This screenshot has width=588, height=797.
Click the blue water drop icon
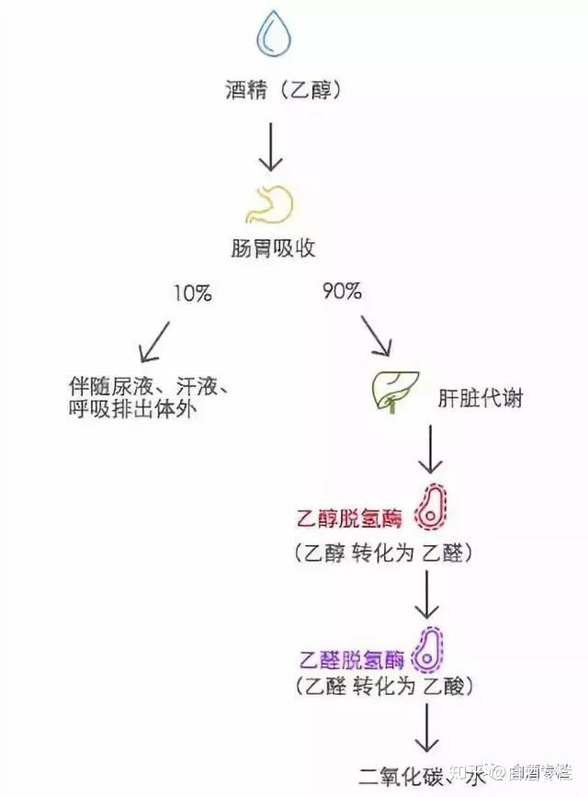pyautogui.click(x=273, y=35)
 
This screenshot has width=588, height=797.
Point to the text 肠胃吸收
pyautogui.click(x=272, y=248)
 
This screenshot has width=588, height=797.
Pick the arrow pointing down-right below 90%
pyautogui.click(x=376, y=336)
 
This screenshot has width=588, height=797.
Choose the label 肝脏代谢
pyautogui.click(x=481, y=399)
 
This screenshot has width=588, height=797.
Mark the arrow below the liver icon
pyautogui.click(x=430, y=450)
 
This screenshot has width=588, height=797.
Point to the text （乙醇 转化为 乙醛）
pyautogui.click(x=385, y=553)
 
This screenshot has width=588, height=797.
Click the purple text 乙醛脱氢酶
pyautogui.click(x=352, y=660)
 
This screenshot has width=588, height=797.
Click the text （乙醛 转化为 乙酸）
pyautogui.click(x=385, y=686)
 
